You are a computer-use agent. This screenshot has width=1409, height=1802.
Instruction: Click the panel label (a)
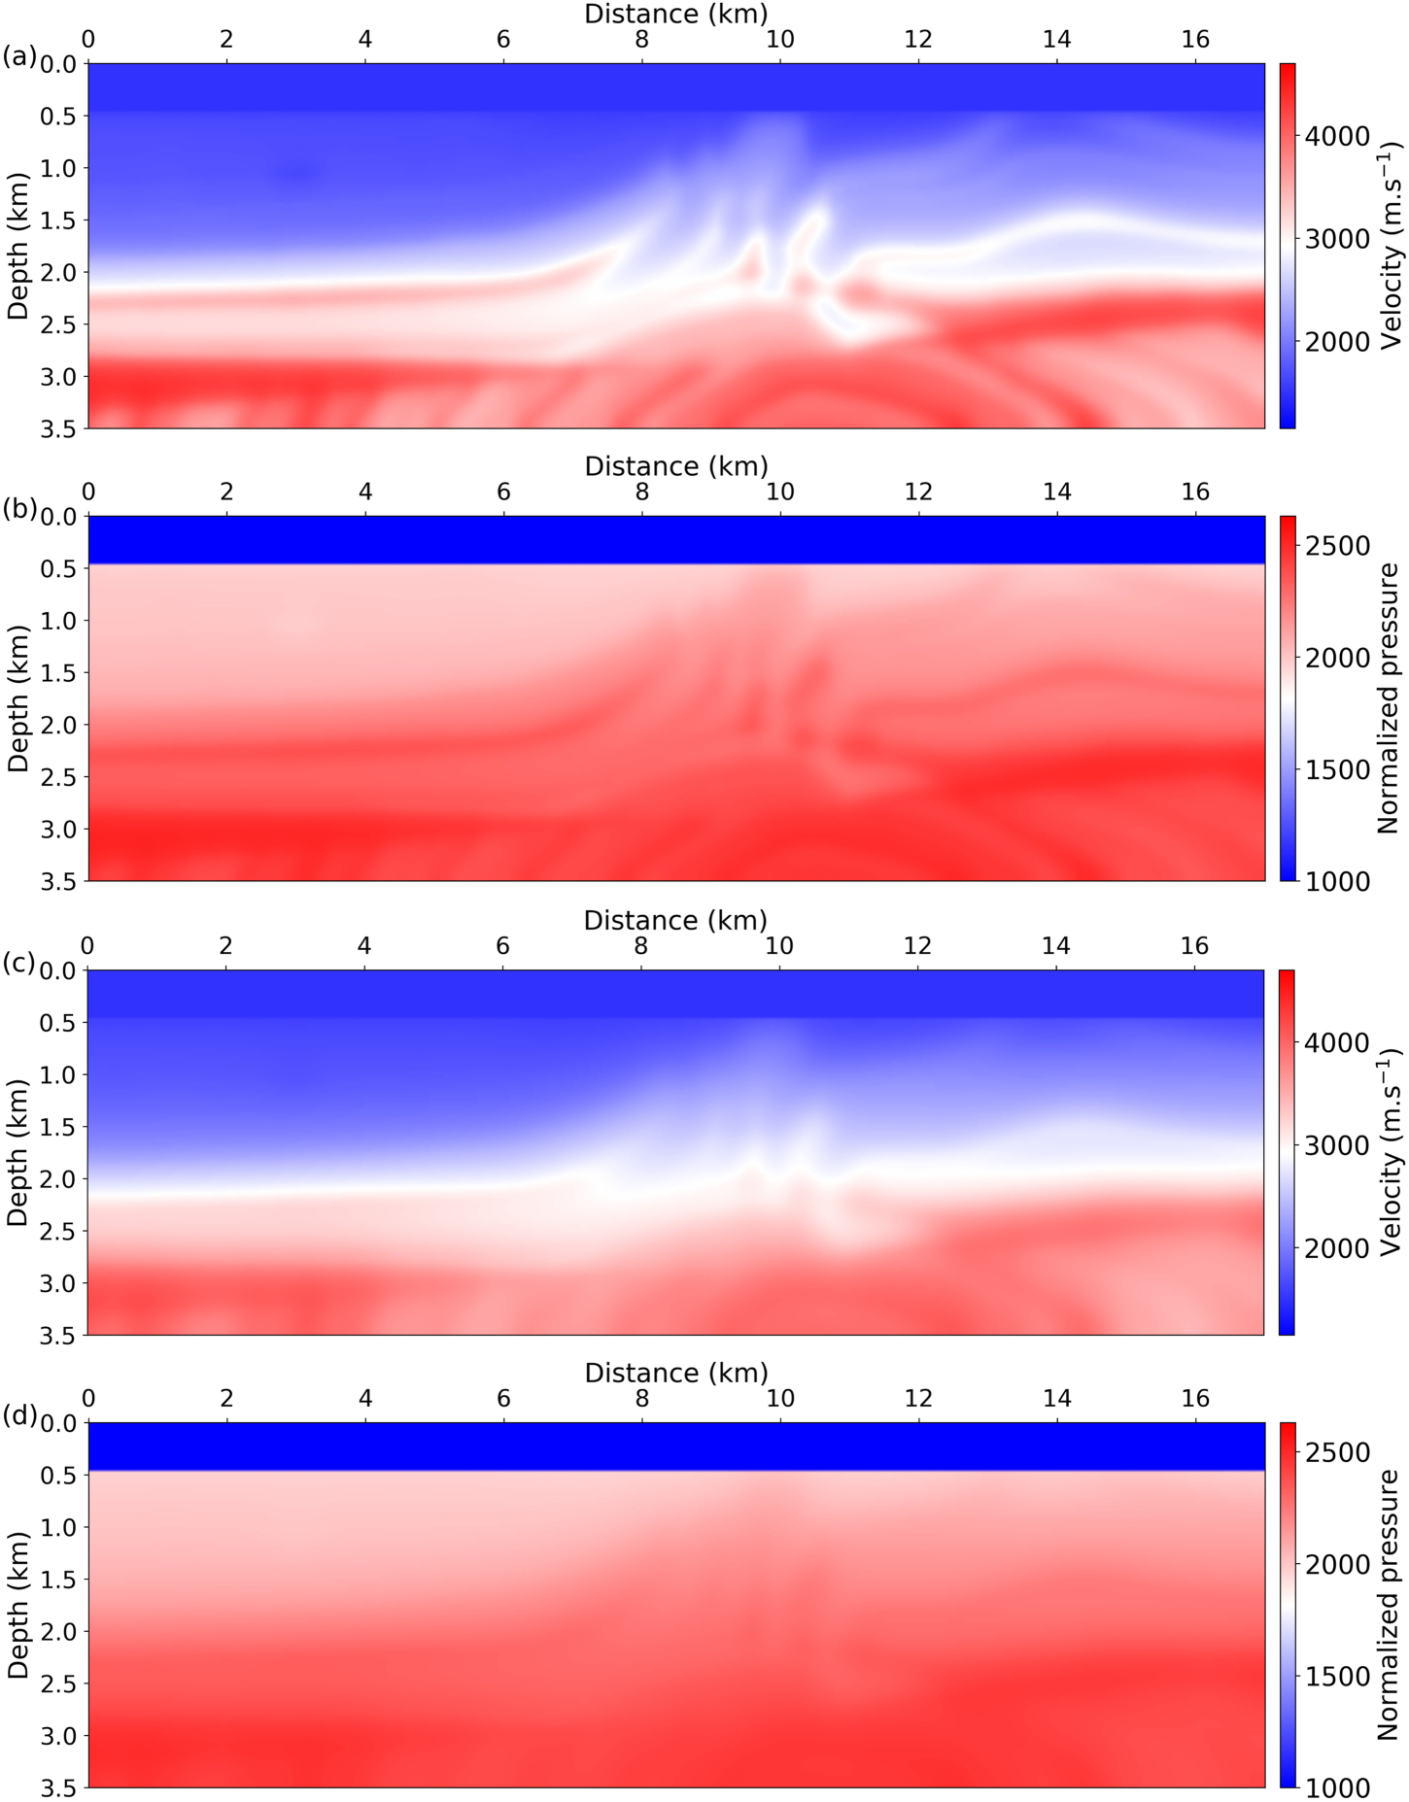click(18, 57)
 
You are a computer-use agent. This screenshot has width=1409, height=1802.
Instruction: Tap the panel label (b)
click(18, 509)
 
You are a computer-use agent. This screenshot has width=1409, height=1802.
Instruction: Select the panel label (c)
click(18, 963)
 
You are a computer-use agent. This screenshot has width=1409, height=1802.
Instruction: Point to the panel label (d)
click(18, 1415)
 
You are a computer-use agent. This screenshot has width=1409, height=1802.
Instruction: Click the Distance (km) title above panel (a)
click(676, 14)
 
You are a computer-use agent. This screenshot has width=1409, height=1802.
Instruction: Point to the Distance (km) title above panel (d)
click(676, 1373)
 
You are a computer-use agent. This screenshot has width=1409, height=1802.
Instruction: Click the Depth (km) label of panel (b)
click(18, 698)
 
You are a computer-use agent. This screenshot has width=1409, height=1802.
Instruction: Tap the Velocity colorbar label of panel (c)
click(1392, 1152)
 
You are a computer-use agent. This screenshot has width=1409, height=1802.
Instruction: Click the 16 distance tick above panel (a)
click(1195, 40)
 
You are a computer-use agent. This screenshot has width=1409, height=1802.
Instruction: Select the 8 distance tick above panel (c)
click(640, 946)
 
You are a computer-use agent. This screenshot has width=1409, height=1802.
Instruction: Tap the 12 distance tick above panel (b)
click(918, 493)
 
